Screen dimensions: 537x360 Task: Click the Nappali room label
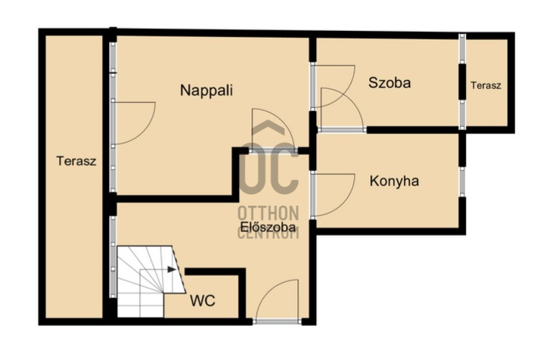pyautogui.click(x=206, y=91)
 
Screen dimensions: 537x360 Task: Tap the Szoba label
pyautogui.click(x=390, y=83)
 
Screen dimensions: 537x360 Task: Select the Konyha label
pyautogui.click(x=394, y=181)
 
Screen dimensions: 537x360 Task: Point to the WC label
pyautogui.click(x=203, y=301)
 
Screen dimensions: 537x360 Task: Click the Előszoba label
pyautogui.click(x=268, y=227)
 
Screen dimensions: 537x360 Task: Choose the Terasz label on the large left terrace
pyautogui.click(x=76, y=161)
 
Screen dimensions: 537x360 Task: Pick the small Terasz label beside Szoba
pyautogui.click(x=486, y=85)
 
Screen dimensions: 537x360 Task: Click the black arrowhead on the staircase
pyautogui.click(x=172, y=269)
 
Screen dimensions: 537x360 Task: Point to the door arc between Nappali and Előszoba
pyautogui.click(x=281, y=120)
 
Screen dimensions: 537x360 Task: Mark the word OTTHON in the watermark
pyautogui.click(x=268, y=213)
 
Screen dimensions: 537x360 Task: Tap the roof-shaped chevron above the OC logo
pyautogui.click(x=268, y=127)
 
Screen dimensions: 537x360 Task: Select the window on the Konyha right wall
pyautogui.click(x=462, y=182)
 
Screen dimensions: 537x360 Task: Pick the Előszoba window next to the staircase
pyautogui.click(x=113, y=256)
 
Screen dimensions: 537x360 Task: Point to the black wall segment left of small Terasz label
pyautogui.click(x=462, y=82)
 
